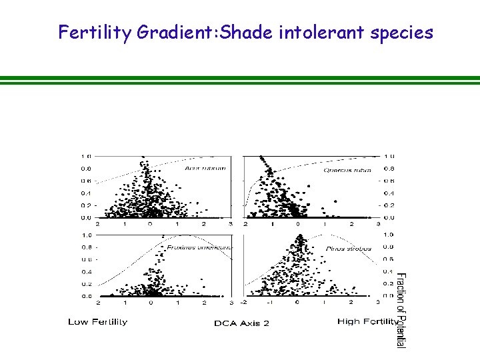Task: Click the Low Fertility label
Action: coord(97,322)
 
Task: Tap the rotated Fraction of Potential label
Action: coord(400,309)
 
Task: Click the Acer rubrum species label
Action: coord(205,168)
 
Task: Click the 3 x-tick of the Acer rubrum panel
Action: coord(230,225)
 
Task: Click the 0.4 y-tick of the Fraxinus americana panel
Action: coord(87,271)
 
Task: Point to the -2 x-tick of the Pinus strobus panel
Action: coord(245,303)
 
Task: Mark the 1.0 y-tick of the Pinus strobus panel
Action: coord(388,235)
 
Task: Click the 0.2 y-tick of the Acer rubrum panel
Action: coord(87,205)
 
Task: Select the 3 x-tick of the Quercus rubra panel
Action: coord(377,225)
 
